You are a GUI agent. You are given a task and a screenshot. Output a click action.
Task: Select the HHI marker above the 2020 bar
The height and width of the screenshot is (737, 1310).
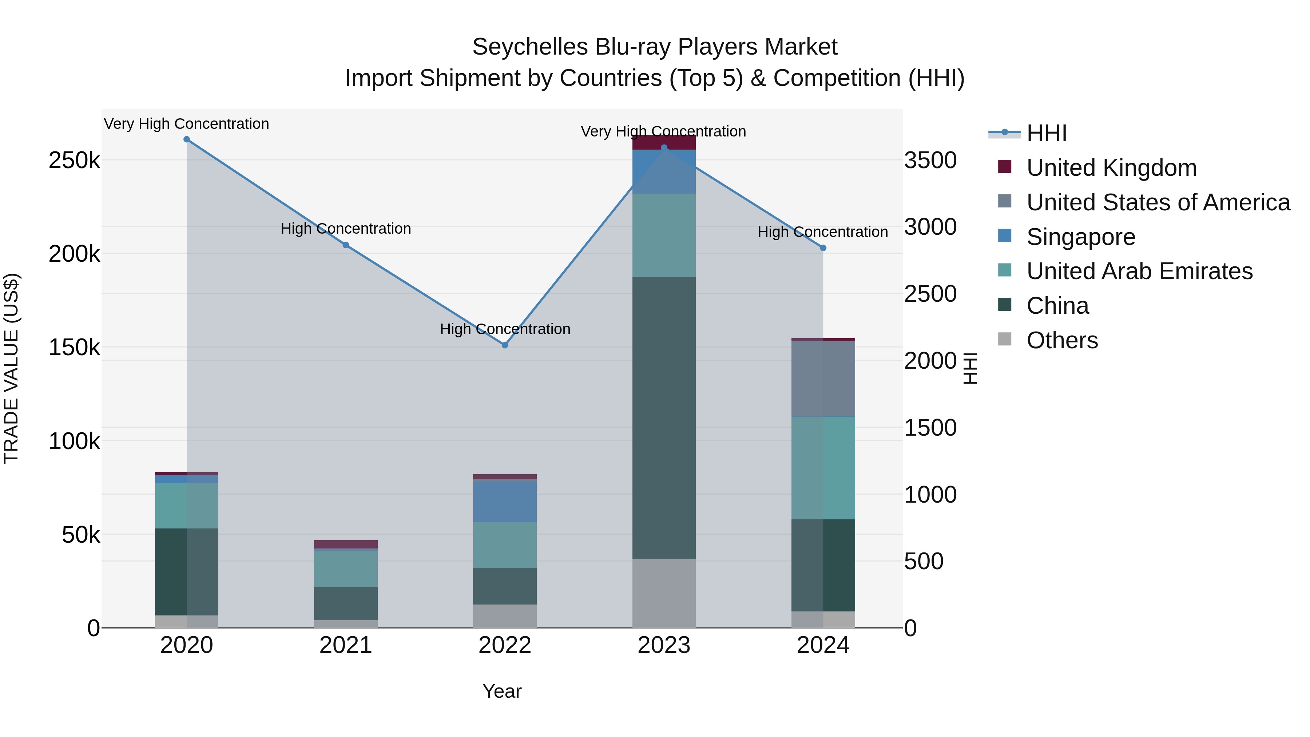coord(187,139)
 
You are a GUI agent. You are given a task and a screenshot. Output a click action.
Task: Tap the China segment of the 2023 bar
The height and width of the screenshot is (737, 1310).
coord(664,417)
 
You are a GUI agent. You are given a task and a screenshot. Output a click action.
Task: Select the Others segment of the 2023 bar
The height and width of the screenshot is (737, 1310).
coord(664,593)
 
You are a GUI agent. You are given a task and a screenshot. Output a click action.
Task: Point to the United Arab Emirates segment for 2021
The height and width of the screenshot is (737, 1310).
coord(346,568)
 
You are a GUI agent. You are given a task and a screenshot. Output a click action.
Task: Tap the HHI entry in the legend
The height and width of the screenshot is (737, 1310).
coord(1046,133)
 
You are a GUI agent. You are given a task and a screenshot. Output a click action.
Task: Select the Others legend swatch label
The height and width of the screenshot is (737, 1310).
coord(1062,340)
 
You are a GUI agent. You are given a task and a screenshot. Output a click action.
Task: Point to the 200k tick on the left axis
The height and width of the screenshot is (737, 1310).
coord(74,254)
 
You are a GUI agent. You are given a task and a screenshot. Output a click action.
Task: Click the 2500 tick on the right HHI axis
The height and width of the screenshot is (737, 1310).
coord(930,294)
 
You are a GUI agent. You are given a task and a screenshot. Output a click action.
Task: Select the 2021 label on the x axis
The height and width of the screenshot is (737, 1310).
coord(346,645)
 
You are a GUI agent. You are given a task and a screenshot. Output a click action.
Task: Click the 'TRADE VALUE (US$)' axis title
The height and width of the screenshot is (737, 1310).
coord(11,368)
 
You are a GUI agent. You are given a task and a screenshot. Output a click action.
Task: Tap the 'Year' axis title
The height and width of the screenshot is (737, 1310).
coord(502,691)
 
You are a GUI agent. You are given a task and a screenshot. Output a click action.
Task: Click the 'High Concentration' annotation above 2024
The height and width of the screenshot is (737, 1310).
coord(822,232)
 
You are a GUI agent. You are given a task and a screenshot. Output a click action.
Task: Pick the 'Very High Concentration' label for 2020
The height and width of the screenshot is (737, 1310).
coord(187,124)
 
